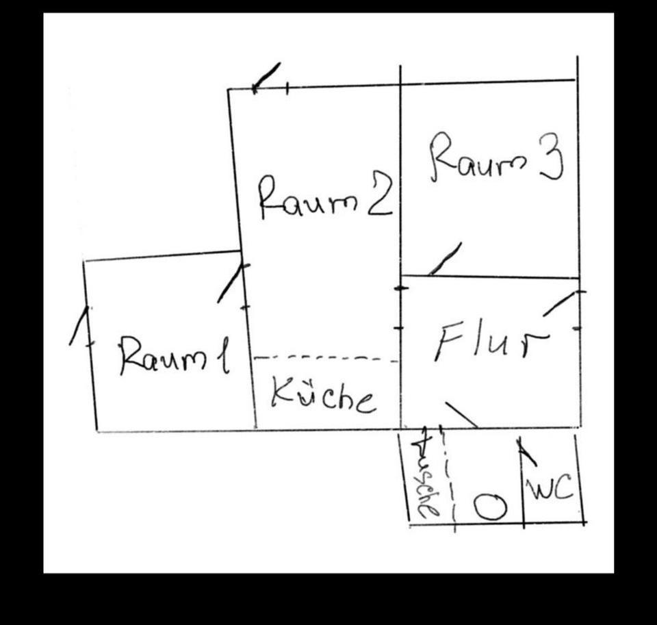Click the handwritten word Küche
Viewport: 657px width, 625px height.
coord(323,395)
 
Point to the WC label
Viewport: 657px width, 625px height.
coord(549,489)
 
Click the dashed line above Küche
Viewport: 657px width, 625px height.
coord(325,358)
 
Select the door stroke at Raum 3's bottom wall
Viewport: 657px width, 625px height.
coord(445,259)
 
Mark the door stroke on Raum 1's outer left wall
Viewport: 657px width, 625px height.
coord(79,326)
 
